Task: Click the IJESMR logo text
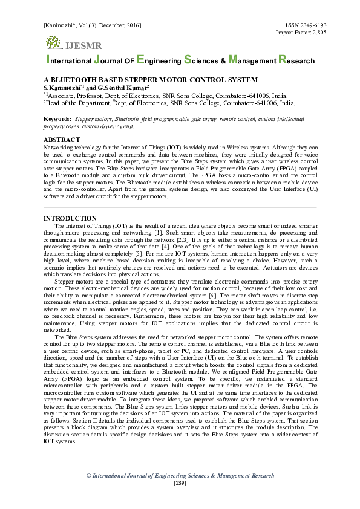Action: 83,46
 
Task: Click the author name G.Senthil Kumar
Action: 123,87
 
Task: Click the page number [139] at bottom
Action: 180,483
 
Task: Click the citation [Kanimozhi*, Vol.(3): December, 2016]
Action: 92,25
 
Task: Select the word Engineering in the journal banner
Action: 159,60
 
